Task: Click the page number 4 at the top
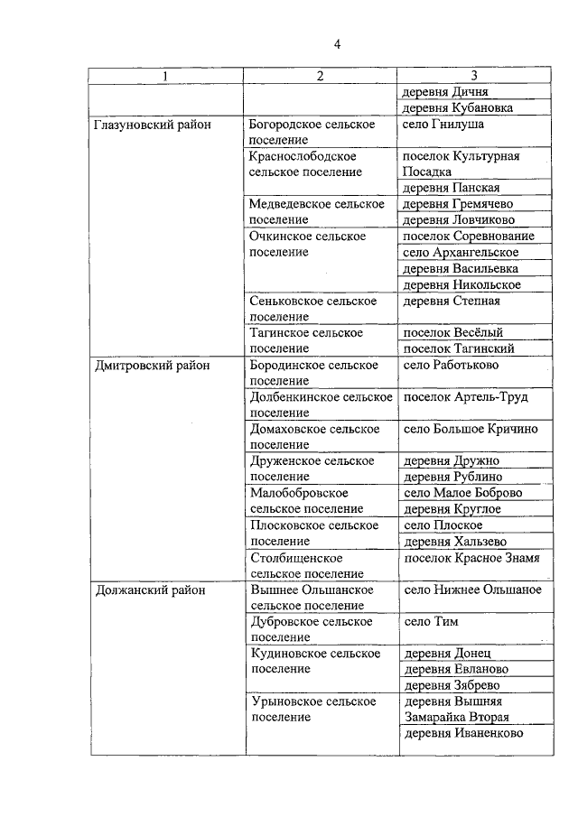[338, 44]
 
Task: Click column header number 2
[320, 76]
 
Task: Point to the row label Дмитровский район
[151, 366]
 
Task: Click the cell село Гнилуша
[443, 125]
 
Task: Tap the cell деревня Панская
[451, 188]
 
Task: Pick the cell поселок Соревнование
[468, 237]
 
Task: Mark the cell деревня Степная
[451, 301]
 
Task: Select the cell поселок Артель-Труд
[465, 397]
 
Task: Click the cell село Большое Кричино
[471, 429]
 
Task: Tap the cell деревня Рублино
[452, 477]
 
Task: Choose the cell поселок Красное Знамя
[471, 558]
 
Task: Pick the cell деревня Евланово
[455, 669]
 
